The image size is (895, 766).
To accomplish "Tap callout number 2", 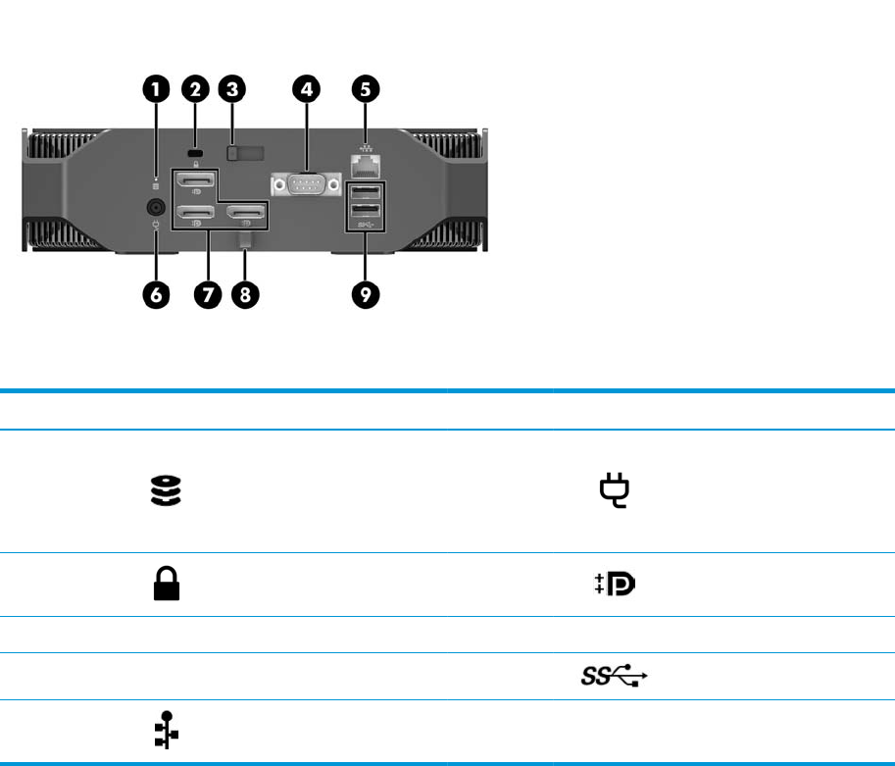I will click(x=194, y=90).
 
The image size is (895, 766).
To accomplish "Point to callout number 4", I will click(x=307, y=90).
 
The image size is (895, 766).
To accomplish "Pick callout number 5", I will click(x=366, y=90).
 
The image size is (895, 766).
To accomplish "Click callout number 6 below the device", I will click(x=157, y=294).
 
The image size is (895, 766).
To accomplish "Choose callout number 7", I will click(x=207, y=294).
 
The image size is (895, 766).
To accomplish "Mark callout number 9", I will click(x=366, y=294).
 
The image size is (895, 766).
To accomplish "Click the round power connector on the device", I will click(x=156, y=208).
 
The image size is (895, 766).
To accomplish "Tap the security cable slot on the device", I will click(x=194, y=154).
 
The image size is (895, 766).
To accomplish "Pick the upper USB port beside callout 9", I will click(x=366, y=192).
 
